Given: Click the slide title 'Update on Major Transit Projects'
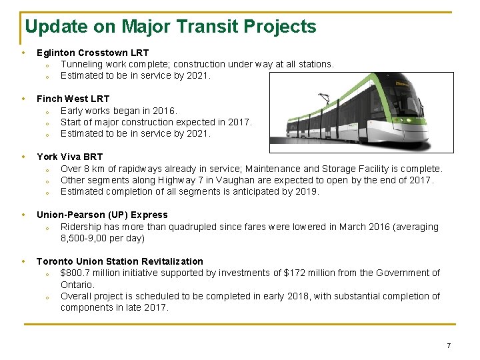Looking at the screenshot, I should [x=170, y=27].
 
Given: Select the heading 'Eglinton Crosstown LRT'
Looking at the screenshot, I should [x=93, y=53].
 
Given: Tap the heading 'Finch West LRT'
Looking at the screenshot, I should [x=73, y=99].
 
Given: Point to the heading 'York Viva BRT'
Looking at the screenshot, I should [x=69, y=157].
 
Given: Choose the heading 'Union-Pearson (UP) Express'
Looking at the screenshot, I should [x=102, y=215].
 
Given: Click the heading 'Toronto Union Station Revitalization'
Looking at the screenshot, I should [x=119, y=261].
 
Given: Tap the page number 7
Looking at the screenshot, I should [x=449, y=345].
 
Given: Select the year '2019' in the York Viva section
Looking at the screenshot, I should [x=307, y=191].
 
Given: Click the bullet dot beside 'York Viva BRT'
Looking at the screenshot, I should [x=23, y=157].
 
